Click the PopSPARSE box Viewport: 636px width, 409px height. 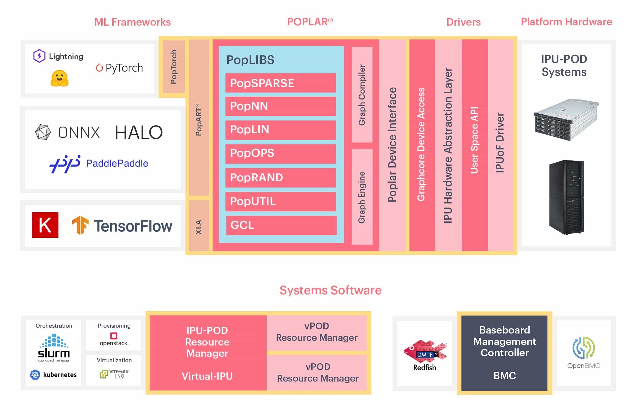[281, 83]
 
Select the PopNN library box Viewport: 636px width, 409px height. [281, 106]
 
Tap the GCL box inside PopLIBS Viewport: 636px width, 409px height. [281, 225]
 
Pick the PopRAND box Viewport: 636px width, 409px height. [281, 178]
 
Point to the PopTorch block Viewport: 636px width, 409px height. [174, 66]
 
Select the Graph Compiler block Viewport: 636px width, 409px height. [362, 95]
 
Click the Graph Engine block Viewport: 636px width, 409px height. [362, 197]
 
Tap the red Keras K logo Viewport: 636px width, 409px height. [45, 225]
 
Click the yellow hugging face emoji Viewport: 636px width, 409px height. [60, 78]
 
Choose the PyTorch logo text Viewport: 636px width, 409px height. [120, 68]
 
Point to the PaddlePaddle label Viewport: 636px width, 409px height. [117, 163]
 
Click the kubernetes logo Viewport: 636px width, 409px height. [53, 375]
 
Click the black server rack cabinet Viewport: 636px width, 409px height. [567, 197]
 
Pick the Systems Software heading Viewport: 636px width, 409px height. [331, 290]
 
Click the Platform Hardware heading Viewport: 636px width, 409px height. [567, 22]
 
